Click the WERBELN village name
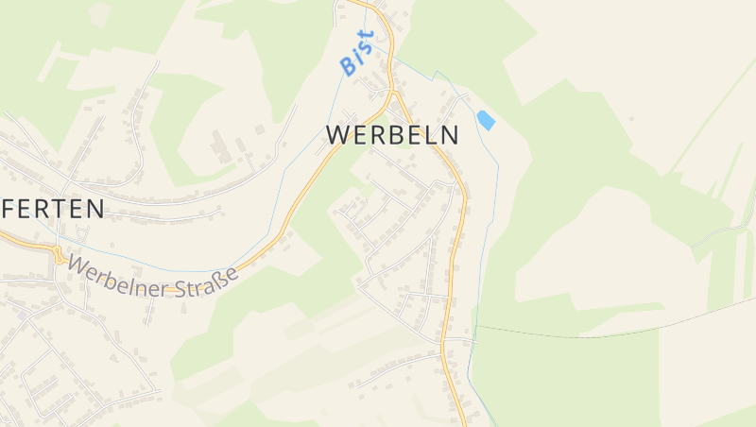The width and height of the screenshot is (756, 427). click(392, 135)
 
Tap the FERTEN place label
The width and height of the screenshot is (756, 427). click(53, 209)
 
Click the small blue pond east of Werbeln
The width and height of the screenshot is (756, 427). click(486, 120)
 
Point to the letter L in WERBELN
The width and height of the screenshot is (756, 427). click(430, 135)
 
